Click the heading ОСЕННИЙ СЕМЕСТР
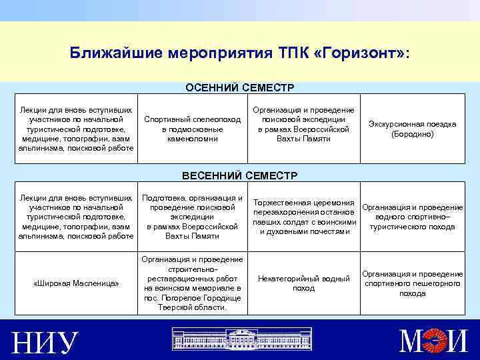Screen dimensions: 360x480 [x=239, y=88]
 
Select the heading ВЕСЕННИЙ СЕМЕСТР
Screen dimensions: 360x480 [x=239, y=175]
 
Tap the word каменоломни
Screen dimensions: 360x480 [x=191, y=138]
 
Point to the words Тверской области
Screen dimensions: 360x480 [x=191, y=307]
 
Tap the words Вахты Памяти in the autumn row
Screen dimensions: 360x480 [x=304, y=139]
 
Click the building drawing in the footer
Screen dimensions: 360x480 [x=239, y=339]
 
